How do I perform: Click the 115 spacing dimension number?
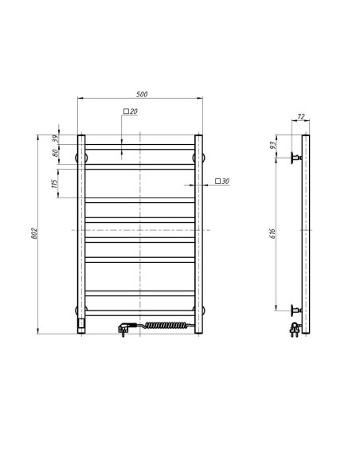pos(55,183)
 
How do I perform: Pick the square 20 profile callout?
pos(131,111)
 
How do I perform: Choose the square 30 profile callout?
pos(222,182)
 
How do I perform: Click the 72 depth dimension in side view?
pos(300,116)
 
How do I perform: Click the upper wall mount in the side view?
pos(296,158)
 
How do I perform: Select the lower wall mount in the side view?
pos(296,309)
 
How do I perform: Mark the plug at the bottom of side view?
pos(296,326)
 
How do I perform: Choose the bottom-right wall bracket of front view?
pos(200,309)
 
